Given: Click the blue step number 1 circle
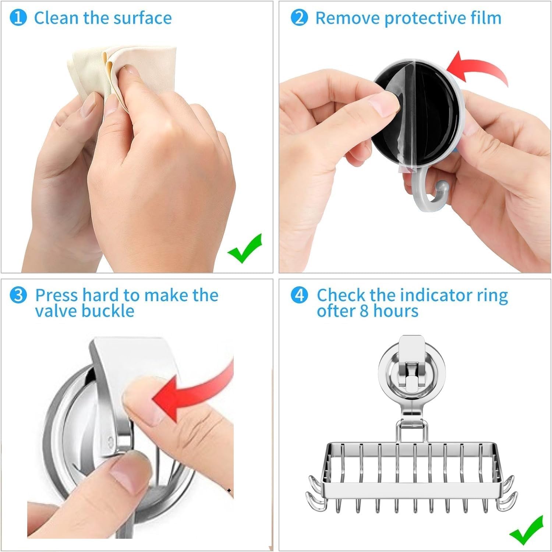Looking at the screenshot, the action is pyautogui.click(x=18, y=18).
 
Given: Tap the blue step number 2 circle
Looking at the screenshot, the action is pyautogui.click(x=299, y=18).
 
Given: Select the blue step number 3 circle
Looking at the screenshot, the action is pyautogui.click(x=18, y=295).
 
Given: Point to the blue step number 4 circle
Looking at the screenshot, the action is pyautogui.click(x=299, y=295).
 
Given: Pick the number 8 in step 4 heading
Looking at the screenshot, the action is pyautogui.click(x=364, y=311).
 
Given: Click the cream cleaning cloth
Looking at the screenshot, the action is pyautogui.click(x=121, y=75).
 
